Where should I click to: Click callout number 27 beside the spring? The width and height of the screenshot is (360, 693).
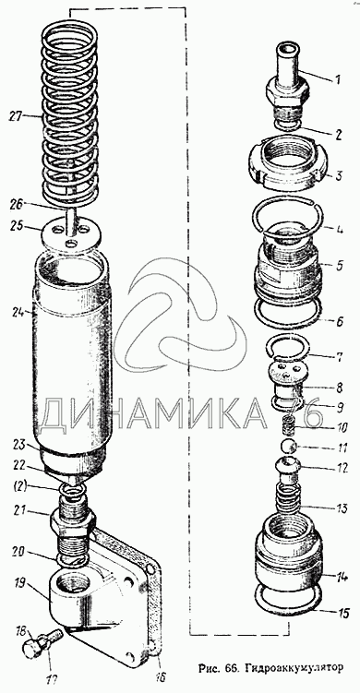(x=16, y=116)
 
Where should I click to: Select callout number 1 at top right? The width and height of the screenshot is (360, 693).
(x=338, y=80)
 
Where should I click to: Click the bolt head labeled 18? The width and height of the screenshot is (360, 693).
(x=30, y=650)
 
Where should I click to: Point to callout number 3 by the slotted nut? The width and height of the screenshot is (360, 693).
(x=339, y=176)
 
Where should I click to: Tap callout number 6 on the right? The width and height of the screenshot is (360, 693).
(x=339, y=322)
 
